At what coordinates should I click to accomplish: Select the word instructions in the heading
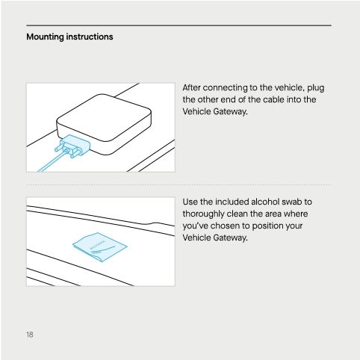(x=91, y=37)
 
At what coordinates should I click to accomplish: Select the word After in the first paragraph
(x=193, y=88)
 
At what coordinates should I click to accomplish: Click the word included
(x=227, y=202)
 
